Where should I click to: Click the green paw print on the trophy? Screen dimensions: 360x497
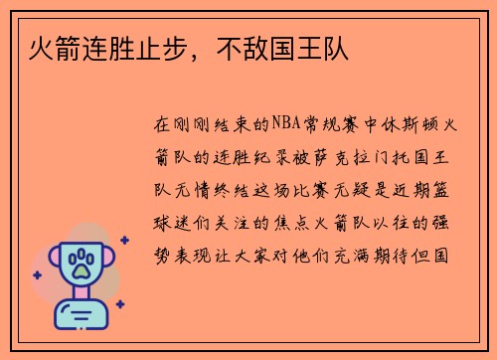[82, 264]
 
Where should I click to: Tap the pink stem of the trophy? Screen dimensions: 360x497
[82, 296]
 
